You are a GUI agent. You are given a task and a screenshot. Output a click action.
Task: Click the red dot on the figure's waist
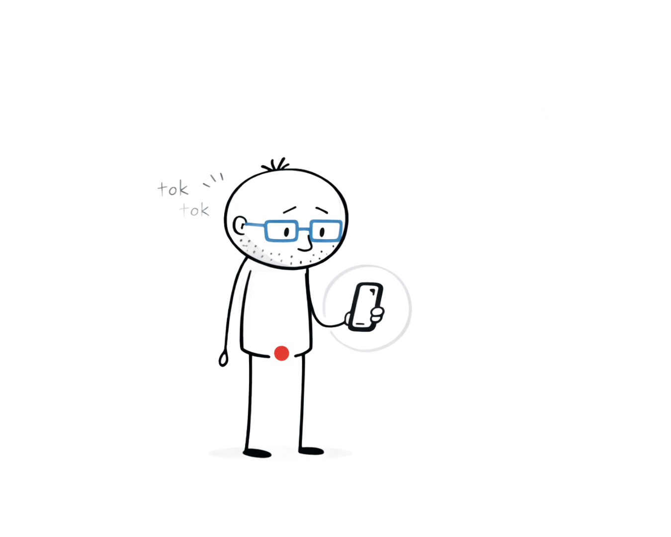(x=281, y=353)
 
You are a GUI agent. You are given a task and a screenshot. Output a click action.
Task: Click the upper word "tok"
(x=172, y=189)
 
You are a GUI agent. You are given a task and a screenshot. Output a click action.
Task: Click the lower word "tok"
(x=196, y=211)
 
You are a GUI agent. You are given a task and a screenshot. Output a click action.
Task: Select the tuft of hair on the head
(x=276, y=164)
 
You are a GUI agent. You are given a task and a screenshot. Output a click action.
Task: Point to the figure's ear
(x=239, y=226)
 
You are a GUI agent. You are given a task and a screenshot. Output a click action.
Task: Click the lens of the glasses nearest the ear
(x=281, y=231)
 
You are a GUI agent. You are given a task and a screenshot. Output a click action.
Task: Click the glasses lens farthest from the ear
(x=326, y=231)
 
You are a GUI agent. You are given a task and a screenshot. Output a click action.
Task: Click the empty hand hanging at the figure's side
(x=223, y=358)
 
